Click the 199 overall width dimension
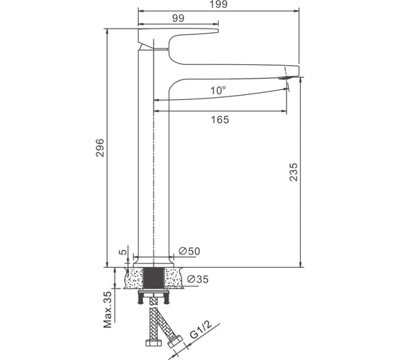(x=219, y=4)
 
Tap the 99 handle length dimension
(x=178, y=19)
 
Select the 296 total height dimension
(x=100, y=147)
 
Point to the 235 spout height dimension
(x=294, y=172)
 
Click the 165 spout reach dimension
(x=220, y=120)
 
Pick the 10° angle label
(x=218, y=90)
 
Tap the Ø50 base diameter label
(x=189, y=251)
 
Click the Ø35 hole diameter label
(x=198, y=279)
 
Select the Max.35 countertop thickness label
(x=108, y=309)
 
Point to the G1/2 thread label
(x=201, y=329)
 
